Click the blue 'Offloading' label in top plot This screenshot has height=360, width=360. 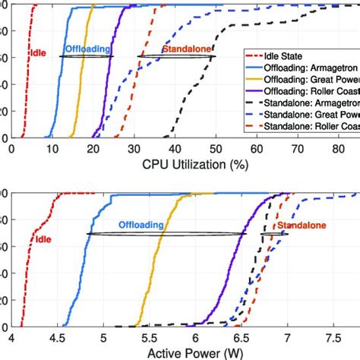(x=86, y=49)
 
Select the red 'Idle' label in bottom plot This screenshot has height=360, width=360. (x=45, y=238)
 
